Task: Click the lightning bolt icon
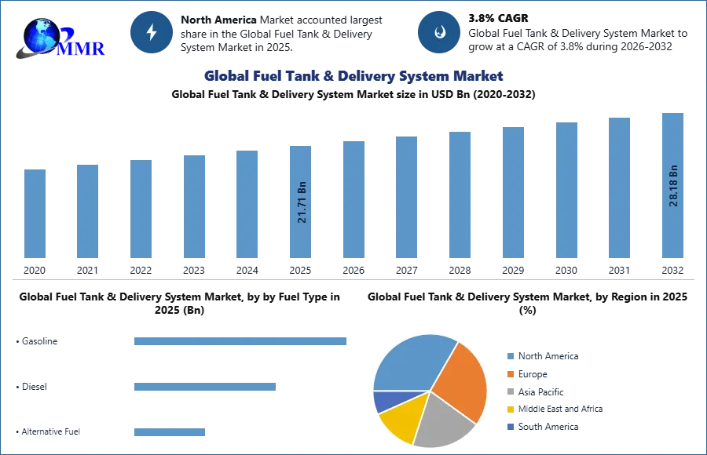(x=152, y=32)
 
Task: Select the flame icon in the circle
(x=439, y=32)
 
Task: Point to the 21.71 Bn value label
(x=302, y=203)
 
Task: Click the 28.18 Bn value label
(x=673, y=185)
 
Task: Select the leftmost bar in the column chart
(x=35, y=216)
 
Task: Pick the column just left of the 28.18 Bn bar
(x=618, y=188)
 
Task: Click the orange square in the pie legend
(x=509, y=376)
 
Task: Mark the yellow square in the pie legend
(x=509, y=409)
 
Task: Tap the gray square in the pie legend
(x=509, y=388)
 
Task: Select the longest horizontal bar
(x=241, y=340)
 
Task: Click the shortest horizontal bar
(x=169, y=433)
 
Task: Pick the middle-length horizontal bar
(x=203, y=388)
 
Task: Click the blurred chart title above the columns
(x=354, y=76)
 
